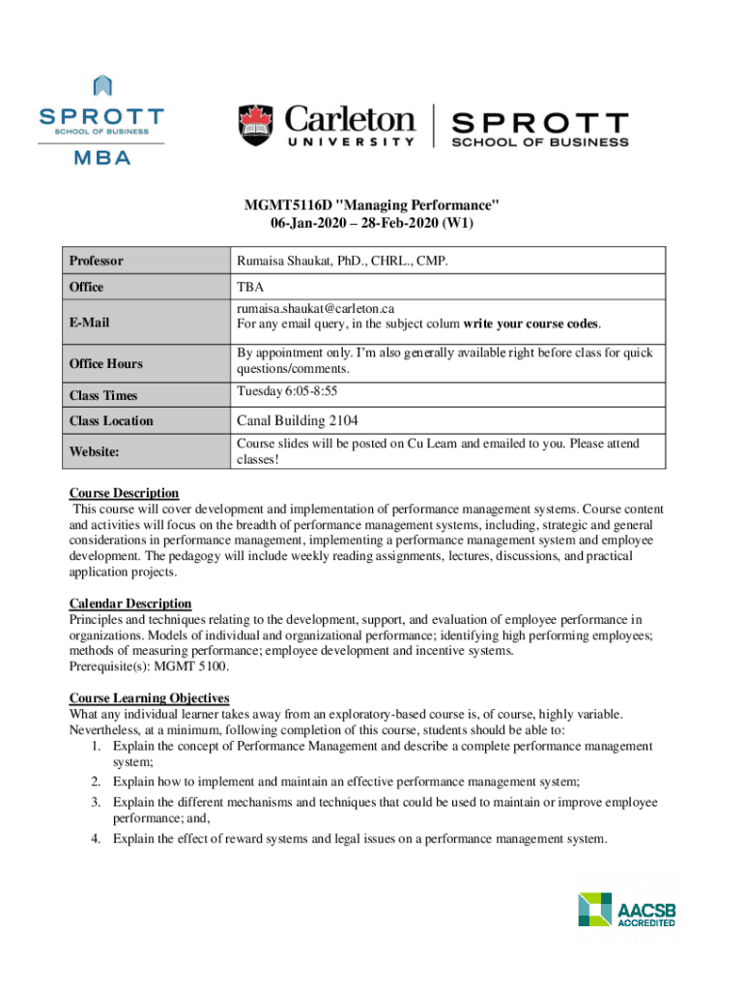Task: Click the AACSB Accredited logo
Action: [x=626, y=909]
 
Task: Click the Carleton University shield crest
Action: [x=256, y=126]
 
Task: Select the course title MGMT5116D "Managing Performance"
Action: [x=371, y=204]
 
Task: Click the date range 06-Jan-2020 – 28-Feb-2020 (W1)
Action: [x=371, y=222]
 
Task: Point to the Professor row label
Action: [x=96, y=261]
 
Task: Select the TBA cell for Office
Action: [x=250, y=287]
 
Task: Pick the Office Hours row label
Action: [x=105, y=363]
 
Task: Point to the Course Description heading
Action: [x=124, y=493]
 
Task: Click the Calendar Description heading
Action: [x=129, y=604]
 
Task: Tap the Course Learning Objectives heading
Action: [x=149, y=697]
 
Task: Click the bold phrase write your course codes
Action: [x=537, y=323]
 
